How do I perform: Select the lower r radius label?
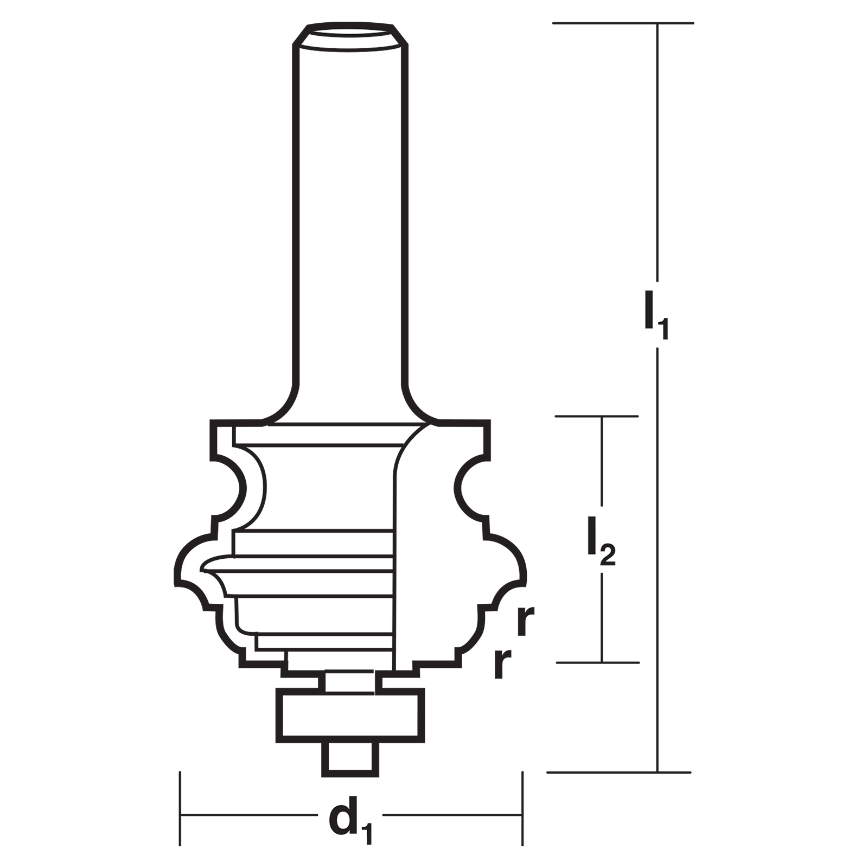tap(503, 664)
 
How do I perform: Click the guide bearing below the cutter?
tap(350, 716)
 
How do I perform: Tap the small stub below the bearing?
tap(350, 759)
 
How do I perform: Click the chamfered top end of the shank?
tap(350, 35)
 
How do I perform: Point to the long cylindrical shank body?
tap(350, 217)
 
